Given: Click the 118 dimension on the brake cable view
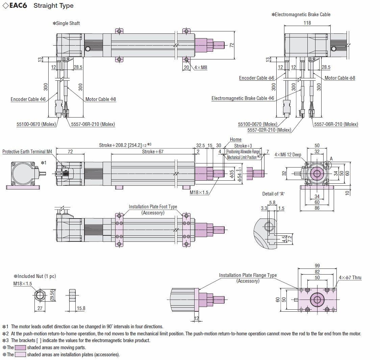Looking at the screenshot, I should point(307,23).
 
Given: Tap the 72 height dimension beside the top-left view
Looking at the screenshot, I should point(232,45).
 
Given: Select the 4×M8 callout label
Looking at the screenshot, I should point(201,68).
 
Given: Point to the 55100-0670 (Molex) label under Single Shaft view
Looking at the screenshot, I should point(36,124).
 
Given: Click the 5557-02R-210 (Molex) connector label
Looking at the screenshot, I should point(269,130).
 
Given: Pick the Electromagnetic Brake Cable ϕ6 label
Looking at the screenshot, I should point(243,98).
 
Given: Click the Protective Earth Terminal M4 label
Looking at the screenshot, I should point(27,152).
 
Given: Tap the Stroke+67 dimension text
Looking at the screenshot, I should point(153,152).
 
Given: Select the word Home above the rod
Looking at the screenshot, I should point(235,139).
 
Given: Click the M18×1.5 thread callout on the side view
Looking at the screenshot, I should point(199,192).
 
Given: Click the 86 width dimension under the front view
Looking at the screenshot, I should point(317,208).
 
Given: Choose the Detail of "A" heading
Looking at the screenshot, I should point(273,194).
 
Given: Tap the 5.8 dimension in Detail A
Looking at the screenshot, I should point(272,203).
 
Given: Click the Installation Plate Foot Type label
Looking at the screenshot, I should point(153,207).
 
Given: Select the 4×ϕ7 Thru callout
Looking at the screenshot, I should point(350,278).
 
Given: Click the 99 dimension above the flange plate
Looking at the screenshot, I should point(317,265).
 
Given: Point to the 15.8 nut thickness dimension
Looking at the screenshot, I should point(81,308).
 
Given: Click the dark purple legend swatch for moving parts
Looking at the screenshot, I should point(20,348).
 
